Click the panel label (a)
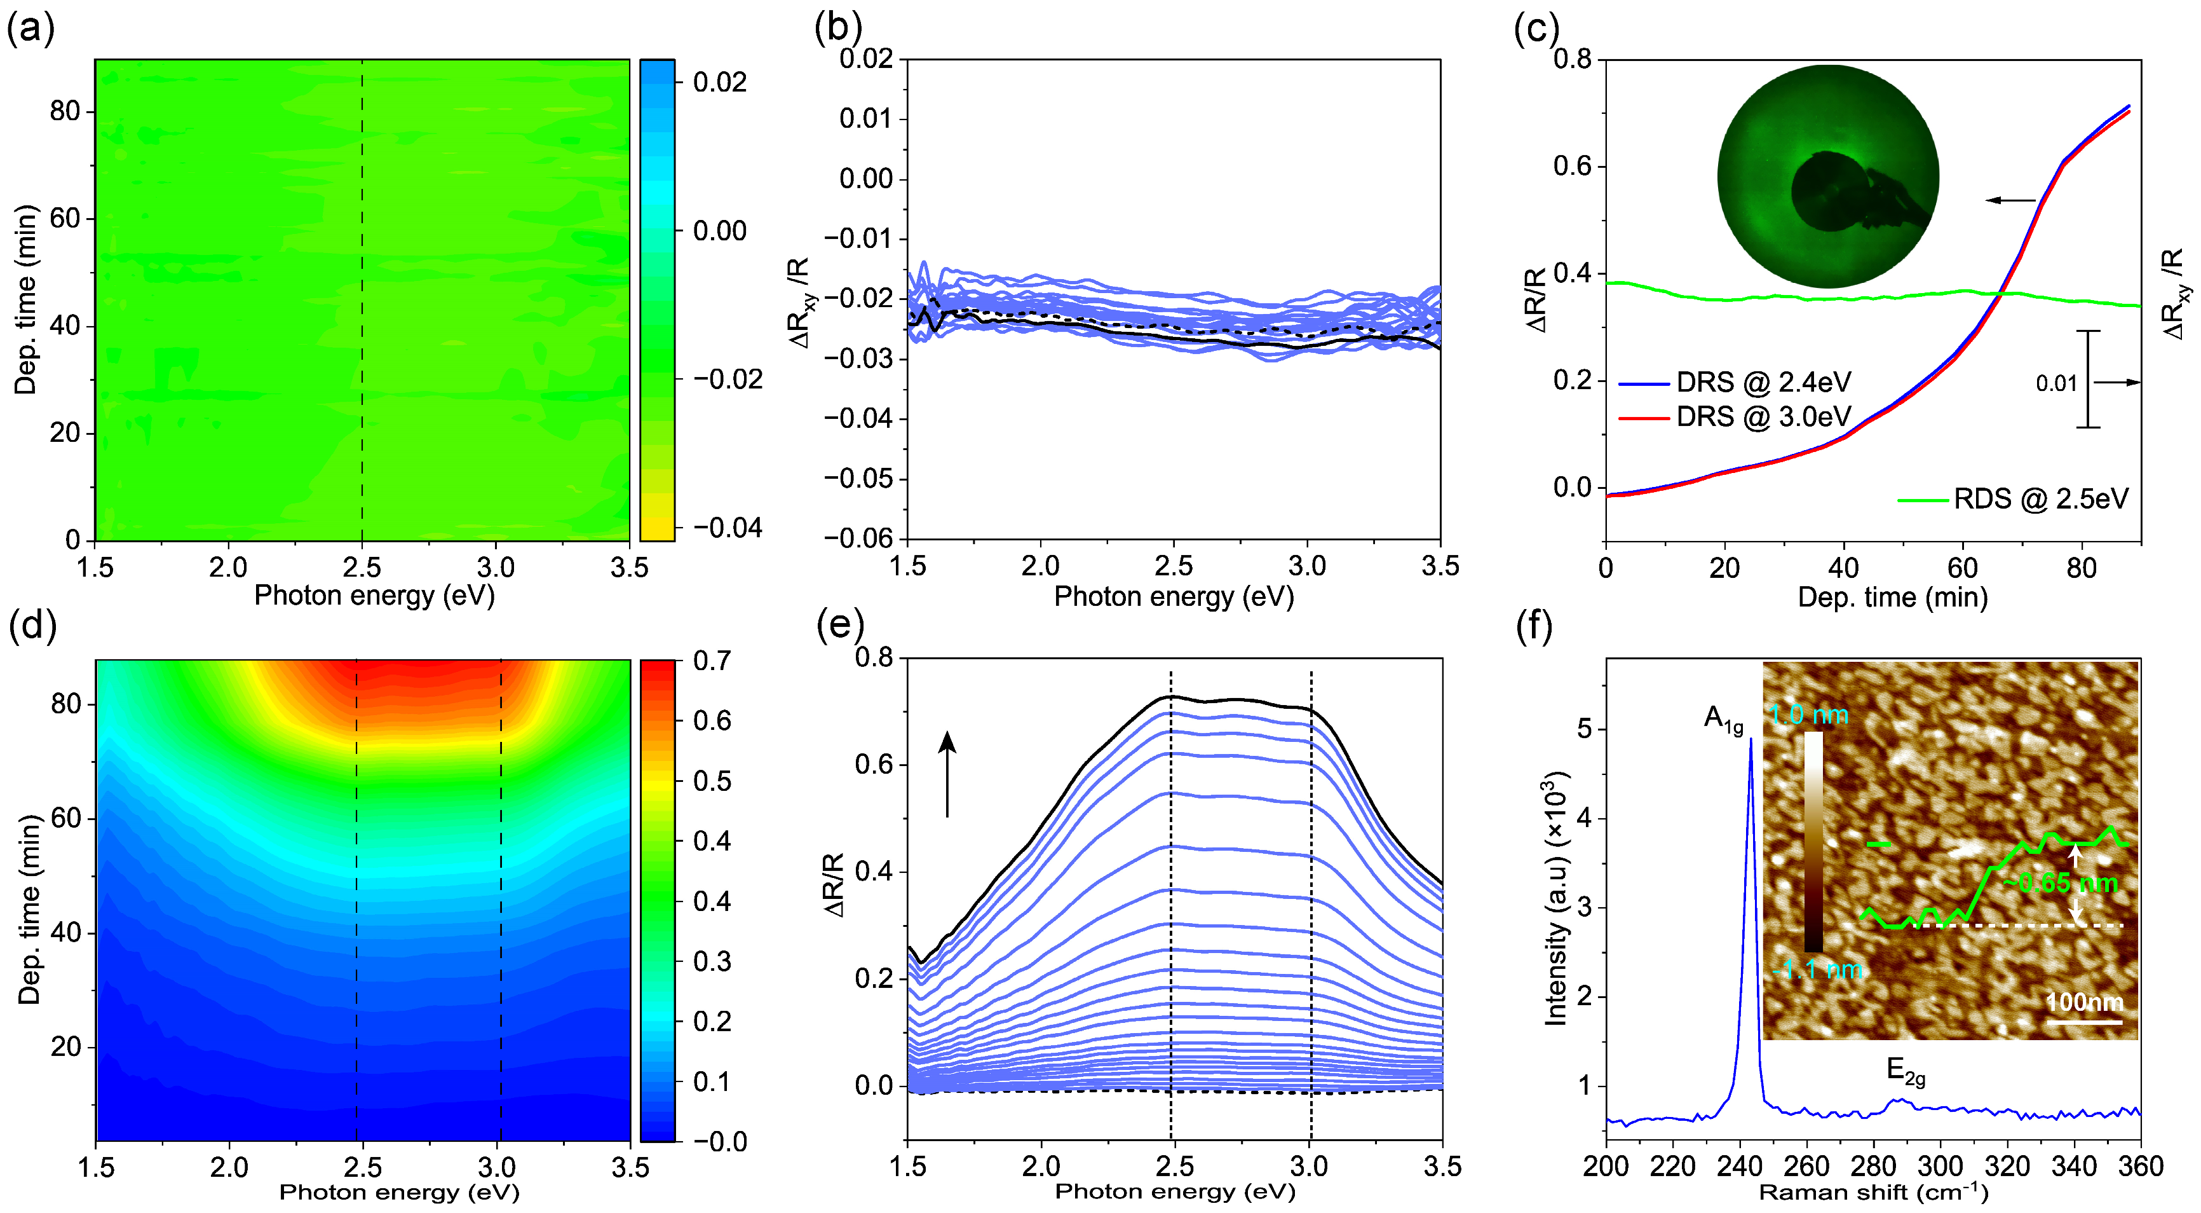30,29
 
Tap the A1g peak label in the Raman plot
1723,720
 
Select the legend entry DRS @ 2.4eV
1763,382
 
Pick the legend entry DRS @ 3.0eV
1763,417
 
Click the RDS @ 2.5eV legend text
2040,499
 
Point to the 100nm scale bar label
2084,1001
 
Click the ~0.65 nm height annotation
2059,883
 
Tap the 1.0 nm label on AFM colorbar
1809,715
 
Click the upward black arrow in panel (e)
947,774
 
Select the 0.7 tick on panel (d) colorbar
711,661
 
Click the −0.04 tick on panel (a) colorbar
727,528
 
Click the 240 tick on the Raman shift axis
1739,1167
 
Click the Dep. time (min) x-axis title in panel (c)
1893,597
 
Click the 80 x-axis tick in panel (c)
2082,568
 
